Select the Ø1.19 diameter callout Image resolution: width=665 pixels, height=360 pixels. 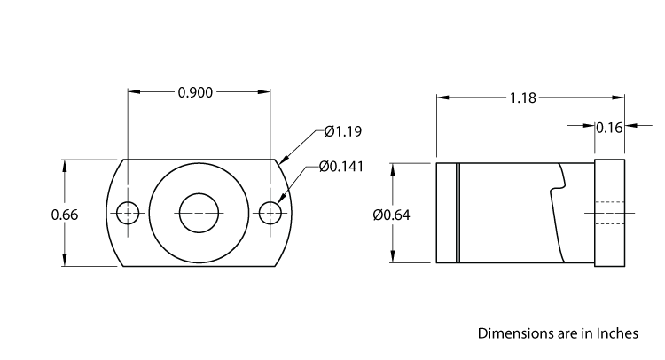(343, 131)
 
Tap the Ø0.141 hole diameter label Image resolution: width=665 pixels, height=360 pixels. (340, 167)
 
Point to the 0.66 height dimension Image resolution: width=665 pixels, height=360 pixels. (65, 214)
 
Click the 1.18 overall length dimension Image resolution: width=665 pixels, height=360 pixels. (523, 98)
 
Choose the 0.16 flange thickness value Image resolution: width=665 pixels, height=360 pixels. (609, 127)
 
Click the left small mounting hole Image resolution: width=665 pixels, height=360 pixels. (129, 213)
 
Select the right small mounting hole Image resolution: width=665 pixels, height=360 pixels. (270, 213)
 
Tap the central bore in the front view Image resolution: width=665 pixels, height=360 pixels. (199, 213)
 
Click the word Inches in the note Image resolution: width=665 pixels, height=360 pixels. (615, 334)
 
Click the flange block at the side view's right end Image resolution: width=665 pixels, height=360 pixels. (609, 214)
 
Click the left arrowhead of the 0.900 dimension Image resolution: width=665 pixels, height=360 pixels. (134, 91)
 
